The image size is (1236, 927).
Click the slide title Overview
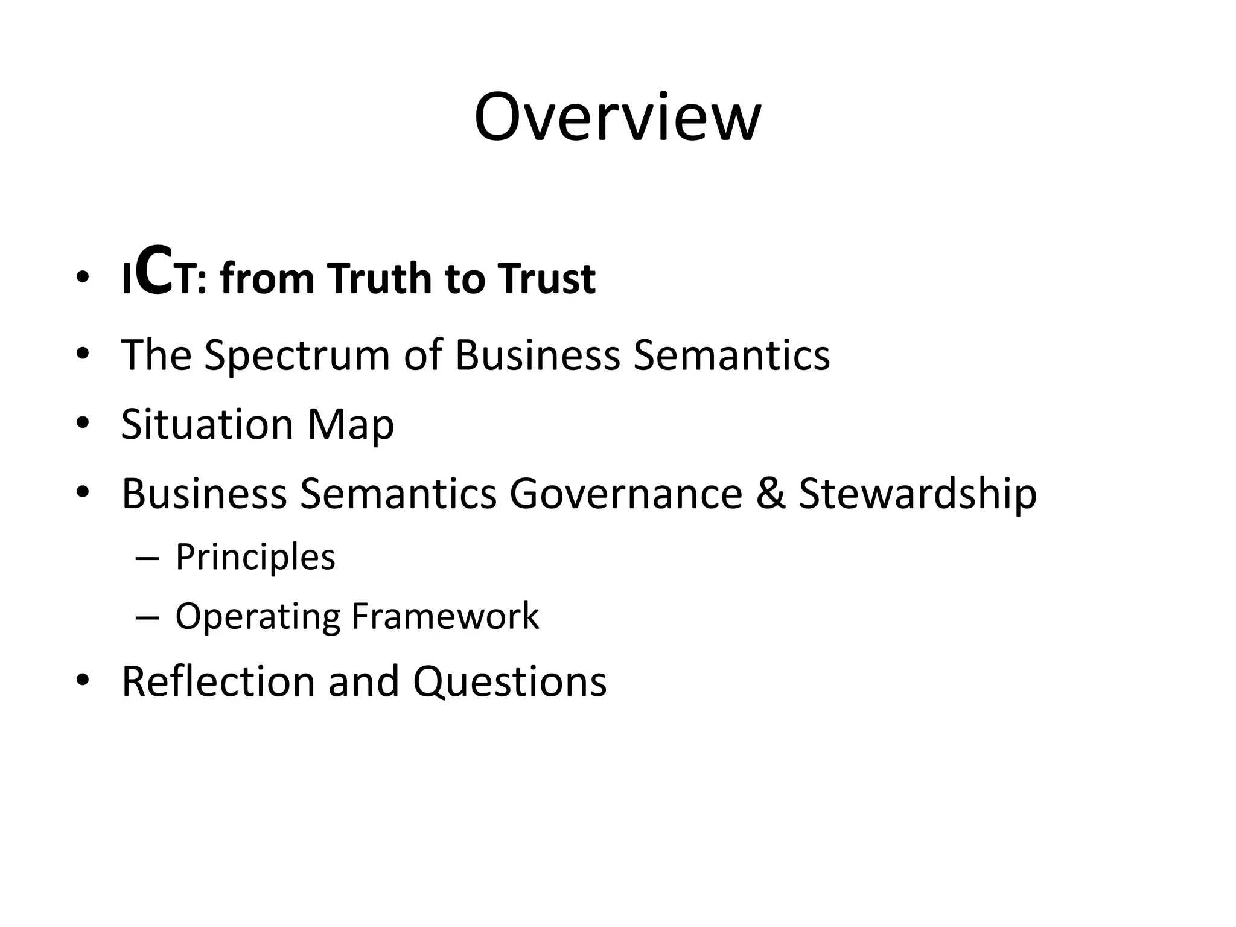click(617, 117)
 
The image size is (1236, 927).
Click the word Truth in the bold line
click(381, 279)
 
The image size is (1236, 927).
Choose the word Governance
click(626, 494)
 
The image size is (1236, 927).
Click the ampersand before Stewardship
click(770, 494)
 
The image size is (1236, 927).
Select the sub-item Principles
click(255, 558)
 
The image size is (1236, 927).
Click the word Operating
click(258, 617)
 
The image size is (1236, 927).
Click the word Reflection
click(218, 682)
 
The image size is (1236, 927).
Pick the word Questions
click(509, 682)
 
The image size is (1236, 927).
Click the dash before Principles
click(147, 558)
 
